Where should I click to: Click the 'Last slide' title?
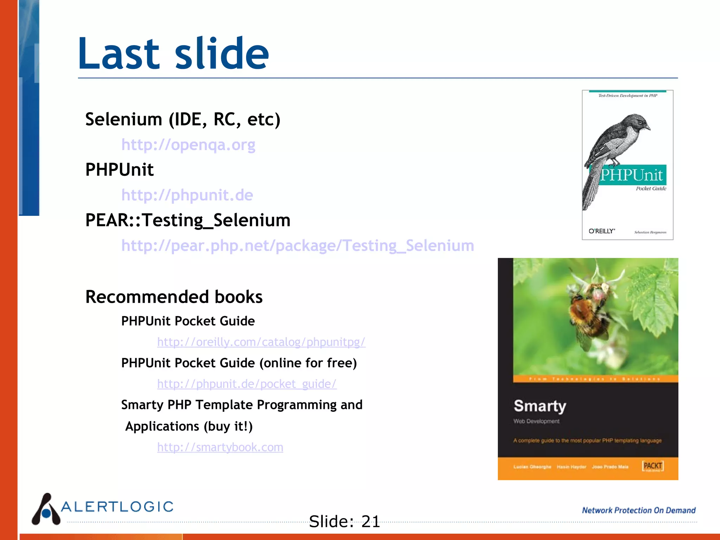coord(173,54)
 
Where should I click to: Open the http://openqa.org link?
coord(188,145)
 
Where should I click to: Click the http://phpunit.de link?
coord(187,195)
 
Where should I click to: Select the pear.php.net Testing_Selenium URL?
coord(297,245)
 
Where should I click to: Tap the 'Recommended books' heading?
coord(174,297)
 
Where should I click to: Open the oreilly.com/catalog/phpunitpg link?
coord(261,342)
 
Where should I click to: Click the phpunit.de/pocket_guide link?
coord(246,384)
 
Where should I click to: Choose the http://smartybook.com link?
coord(220,447)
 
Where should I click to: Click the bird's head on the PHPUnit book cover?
coord(640,123)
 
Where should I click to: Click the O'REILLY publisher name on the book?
coord(602,231)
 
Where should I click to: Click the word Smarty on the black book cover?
coord(540,406)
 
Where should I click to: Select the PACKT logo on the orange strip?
coord(652,466)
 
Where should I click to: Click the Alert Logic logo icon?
coord(46,510)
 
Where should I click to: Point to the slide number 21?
coord(371,521)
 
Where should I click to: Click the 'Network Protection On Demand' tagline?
coord(638,510)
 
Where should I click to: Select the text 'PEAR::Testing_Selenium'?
coord(188,220)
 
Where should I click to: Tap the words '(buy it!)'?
coord(228,426)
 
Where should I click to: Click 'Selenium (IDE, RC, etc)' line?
coord(183,120)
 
